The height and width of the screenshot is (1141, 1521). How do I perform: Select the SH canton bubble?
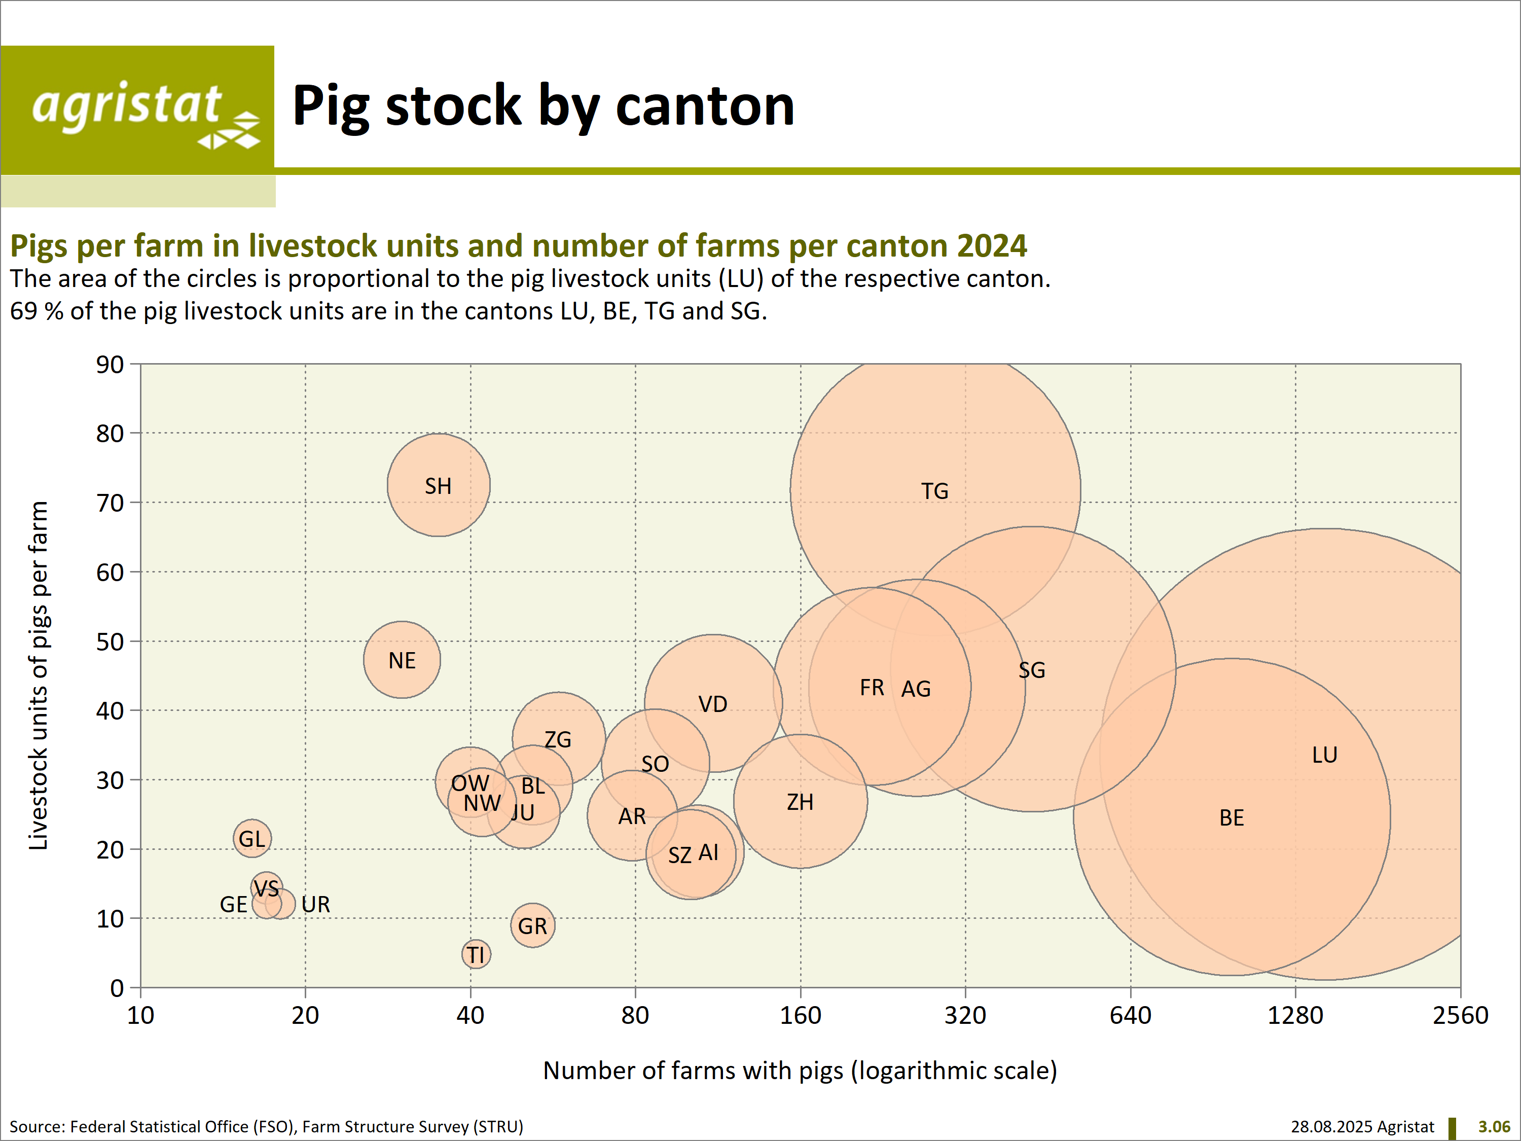coord(438,486)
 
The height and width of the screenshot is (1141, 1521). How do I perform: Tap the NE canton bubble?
coord(402,660)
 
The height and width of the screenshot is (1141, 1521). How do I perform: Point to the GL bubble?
coord(251,838)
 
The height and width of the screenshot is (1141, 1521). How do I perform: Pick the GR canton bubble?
coord(532,925)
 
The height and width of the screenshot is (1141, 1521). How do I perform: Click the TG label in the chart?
coord(934,491)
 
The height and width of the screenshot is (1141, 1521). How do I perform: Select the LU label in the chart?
coord(1324,755)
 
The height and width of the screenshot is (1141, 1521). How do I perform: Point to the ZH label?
coord(800,802)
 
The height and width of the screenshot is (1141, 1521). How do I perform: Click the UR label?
coord(316,904)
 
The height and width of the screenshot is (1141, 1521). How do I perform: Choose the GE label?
coord(233,904)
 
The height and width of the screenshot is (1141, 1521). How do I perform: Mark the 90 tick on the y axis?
coord(110,365)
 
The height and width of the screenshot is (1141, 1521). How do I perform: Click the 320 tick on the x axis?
coord(965,1015)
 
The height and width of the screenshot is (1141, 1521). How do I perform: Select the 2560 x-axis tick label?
coord(1460,1015)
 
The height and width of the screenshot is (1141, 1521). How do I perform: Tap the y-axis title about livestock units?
coord(39,675)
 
